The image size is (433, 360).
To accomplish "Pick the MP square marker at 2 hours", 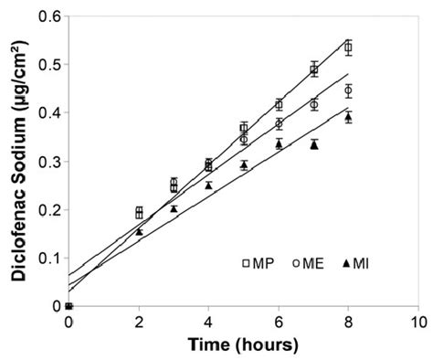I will click(139, 212).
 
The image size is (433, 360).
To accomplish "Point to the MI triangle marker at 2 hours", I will click(139, 231).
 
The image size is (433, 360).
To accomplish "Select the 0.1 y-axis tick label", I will click(50, 259).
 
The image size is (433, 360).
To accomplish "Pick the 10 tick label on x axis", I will click(418, 322).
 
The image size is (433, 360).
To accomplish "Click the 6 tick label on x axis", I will click(279, 322).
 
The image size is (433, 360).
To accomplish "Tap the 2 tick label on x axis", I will click(139, 322).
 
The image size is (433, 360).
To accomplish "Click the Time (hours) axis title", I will click(243, 345).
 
